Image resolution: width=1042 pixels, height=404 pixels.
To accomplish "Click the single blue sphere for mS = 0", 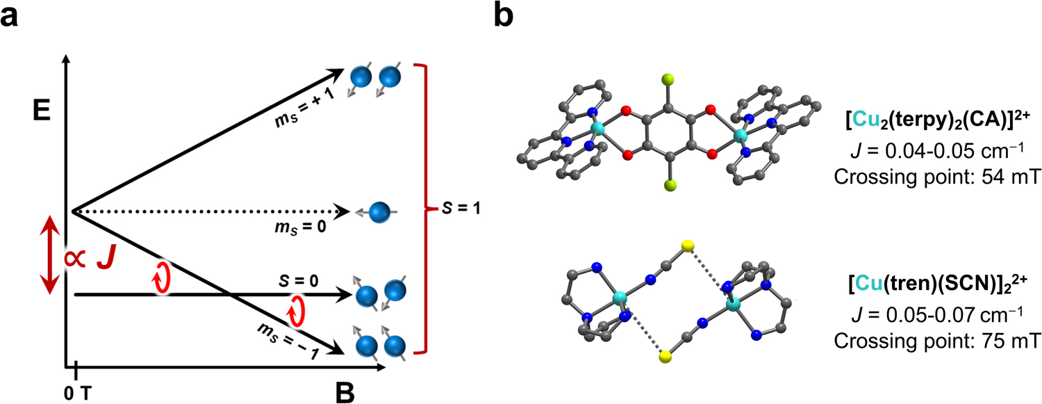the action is tap(379, 211).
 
